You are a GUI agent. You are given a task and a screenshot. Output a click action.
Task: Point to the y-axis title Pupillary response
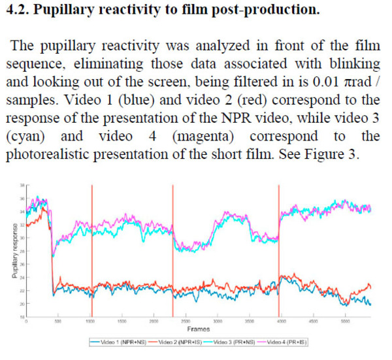coord(14,252)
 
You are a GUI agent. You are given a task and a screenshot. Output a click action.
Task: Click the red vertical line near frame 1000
coord(91,248)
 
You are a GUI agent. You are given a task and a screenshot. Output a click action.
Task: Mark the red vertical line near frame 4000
coord(279,248)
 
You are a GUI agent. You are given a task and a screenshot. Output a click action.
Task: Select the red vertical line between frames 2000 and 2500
coord(172,248)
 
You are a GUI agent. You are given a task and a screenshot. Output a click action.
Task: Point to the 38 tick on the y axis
coord(22,186)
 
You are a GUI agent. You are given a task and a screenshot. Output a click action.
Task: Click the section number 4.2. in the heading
coord(19,12)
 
